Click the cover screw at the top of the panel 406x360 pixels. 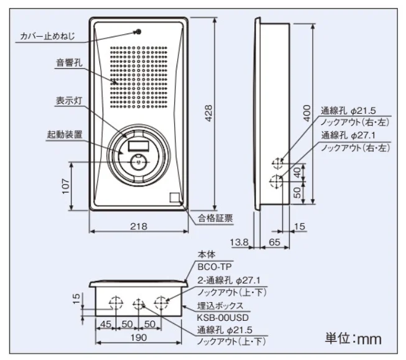pos(138,31)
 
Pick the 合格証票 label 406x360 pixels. pos(216,218)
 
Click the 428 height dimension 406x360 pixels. pos(210,112)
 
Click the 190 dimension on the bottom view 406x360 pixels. pos(138,337)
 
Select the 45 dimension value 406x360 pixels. pos(106,324)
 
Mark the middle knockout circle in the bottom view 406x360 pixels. pos(139,304)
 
